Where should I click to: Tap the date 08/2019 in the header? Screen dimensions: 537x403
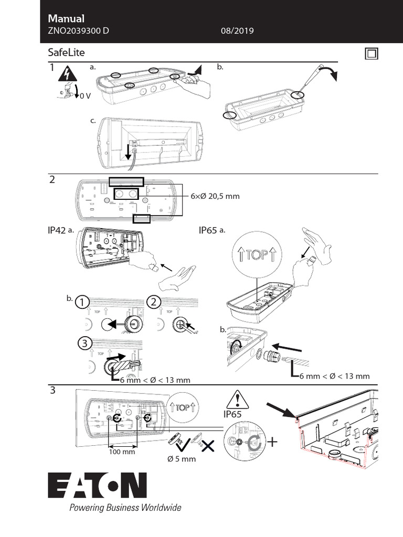coord(238,31)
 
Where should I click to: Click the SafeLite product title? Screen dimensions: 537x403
coord(66,53)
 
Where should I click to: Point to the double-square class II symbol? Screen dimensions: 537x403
coord(371,54)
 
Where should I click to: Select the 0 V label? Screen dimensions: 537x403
coord(86,95)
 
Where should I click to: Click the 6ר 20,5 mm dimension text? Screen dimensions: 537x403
coord(215,196)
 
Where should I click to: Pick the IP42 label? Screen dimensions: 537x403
coord(57,230)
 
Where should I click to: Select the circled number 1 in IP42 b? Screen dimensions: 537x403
coord(81,303)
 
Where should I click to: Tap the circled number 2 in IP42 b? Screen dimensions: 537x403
coord(153,303)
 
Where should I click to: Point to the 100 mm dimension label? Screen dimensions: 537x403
coord(122,452)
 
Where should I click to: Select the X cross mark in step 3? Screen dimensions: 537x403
coord(208,446)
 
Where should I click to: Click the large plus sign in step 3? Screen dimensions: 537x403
coord(272,442)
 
